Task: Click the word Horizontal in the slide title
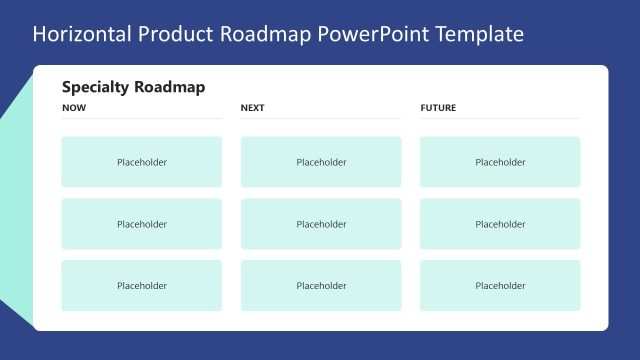(79, 34)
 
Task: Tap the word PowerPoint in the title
(369, 34)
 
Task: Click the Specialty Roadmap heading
(133, 87)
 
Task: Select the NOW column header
(74, 108)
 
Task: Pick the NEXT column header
(253, 108)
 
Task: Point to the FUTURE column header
(438, 108)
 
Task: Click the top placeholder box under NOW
(142, 162)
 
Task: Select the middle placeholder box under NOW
(142, 224)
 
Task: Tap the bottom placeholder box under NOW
(142, 286)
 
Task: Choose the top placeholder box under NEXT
(321, 162)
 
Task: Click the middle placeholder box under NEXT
(321, 224)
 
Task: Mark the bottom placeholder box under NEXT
(321, 286)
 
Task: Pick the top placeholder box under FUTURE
(500, 162)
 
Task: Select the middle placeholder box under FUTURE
(500, 224)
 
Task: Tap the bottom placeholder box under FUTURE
(500, 286)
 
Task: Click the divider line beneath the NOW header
(142, 119)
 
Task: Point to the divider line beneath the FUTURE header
(500, 119)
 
